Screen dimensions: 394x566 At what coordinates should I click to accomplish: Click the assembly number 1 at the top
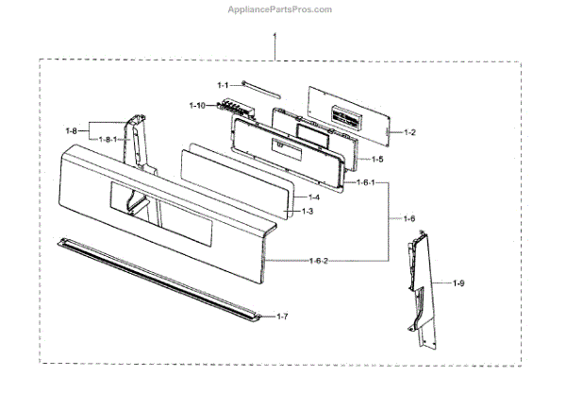point(275,39)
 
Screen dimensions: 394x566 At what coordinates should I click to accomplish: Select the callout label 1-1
point(223,85)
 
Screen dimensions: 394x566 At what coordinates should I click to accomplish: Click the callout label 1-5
point(376,160)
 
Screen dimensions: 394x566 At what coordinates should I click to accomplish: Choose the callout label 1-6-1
point(363,182)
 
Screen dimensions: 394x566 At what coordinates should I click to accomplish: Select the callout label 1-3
point(307,212)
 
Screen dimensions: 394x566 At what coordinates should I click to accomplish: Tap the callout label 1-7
point(282,315)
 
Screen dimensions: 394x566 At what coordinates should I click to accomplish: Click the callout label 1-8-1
point(111,140)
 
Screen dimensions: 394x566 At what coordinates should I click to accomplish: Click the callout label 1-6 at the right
point(408,218)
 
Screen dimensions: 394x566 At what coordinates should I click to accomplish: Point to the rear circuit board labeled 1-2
point(349,116)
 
